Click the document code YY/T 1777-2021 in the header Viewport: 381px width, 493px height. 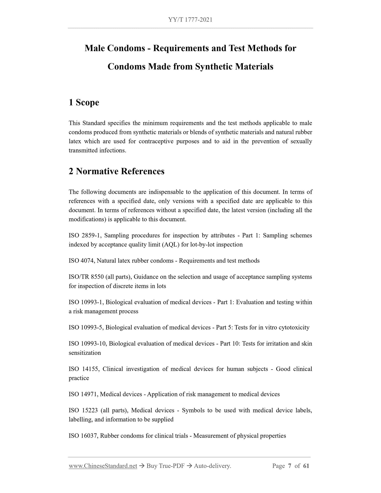(190, 20)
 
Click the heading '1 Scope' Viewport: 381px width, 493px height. (84, 102)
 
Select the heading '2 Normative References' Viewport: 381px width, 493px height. (116, 171)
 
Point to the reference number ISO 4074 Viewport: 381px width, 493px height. (82, 261)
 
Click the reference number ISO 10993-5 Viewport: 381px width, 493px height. (86, 327)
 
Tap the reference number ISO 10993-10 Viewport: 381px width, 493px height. (87, 344)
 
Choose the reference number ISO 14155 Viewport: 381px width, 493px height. (84, 369)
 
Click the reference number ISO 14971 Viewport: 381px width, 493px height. (83, 394)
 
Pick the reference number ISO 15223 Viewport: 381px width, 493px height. (84, 410)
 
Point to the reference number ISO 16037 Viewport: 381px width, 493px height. (83, 436)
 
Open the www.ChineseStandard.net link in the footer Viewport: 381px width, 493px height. (103, 466)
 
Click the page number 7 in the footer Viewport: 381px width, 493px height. (290, 466)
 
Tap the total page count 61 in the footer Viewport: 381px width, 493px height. (306, 466)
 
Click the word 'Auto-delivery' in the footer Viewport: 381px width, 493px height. (212, 466)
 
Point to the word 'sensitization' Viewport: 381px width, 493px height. (85, 353)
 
